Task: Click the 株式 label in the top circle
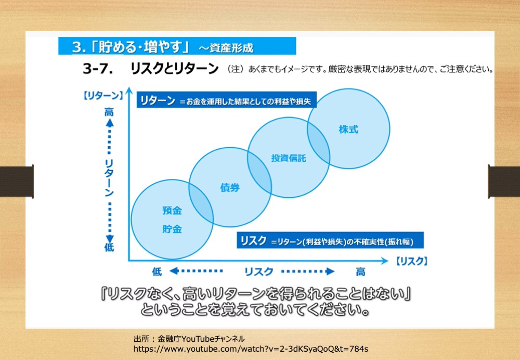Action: pyautogui.click(x=348, y=130)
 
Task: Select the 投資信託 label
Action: pyautogui.click(x=289, y=158)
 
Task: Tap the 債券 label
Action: pyautogui.click(x=230, y=187)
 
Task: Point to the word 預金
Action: pyautogui.click(x=172, y=210)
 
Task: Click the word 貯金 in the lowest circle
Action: pyautogui.click(x=172, y=229)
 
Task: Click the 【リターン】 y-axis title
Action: pyautogui.click(x=103, y=96)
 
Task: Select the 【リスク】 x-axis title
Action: pyautogui.click(x=411, y=261)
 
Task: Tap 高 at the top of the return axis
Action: pyautogui.click(x=109, y=112)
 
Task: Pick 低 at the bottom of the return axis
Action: pyautogui.click(x=109, y=247)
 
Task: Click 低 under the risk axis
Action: pyautogui.click(x=157, y=272)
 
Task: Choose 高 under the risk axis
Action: pyautogui.click(x=360, y=272)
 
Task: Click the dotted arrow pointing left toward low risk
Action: pyautogui.click(x=196, y=271)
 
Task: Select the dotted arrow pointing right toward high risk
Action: pyautogui.click(x=308, y=272)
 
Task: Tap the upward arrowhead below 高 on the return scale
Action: pyautogui.click(x=109, y=123)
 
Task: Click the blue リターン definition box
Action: pyautogui.click(x=227, y=100)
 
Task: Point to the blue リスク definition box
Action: pyautogui.click(x=330, y=240)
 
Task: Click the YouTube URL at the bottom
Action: pyautogui.click(x=251, y=349)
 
